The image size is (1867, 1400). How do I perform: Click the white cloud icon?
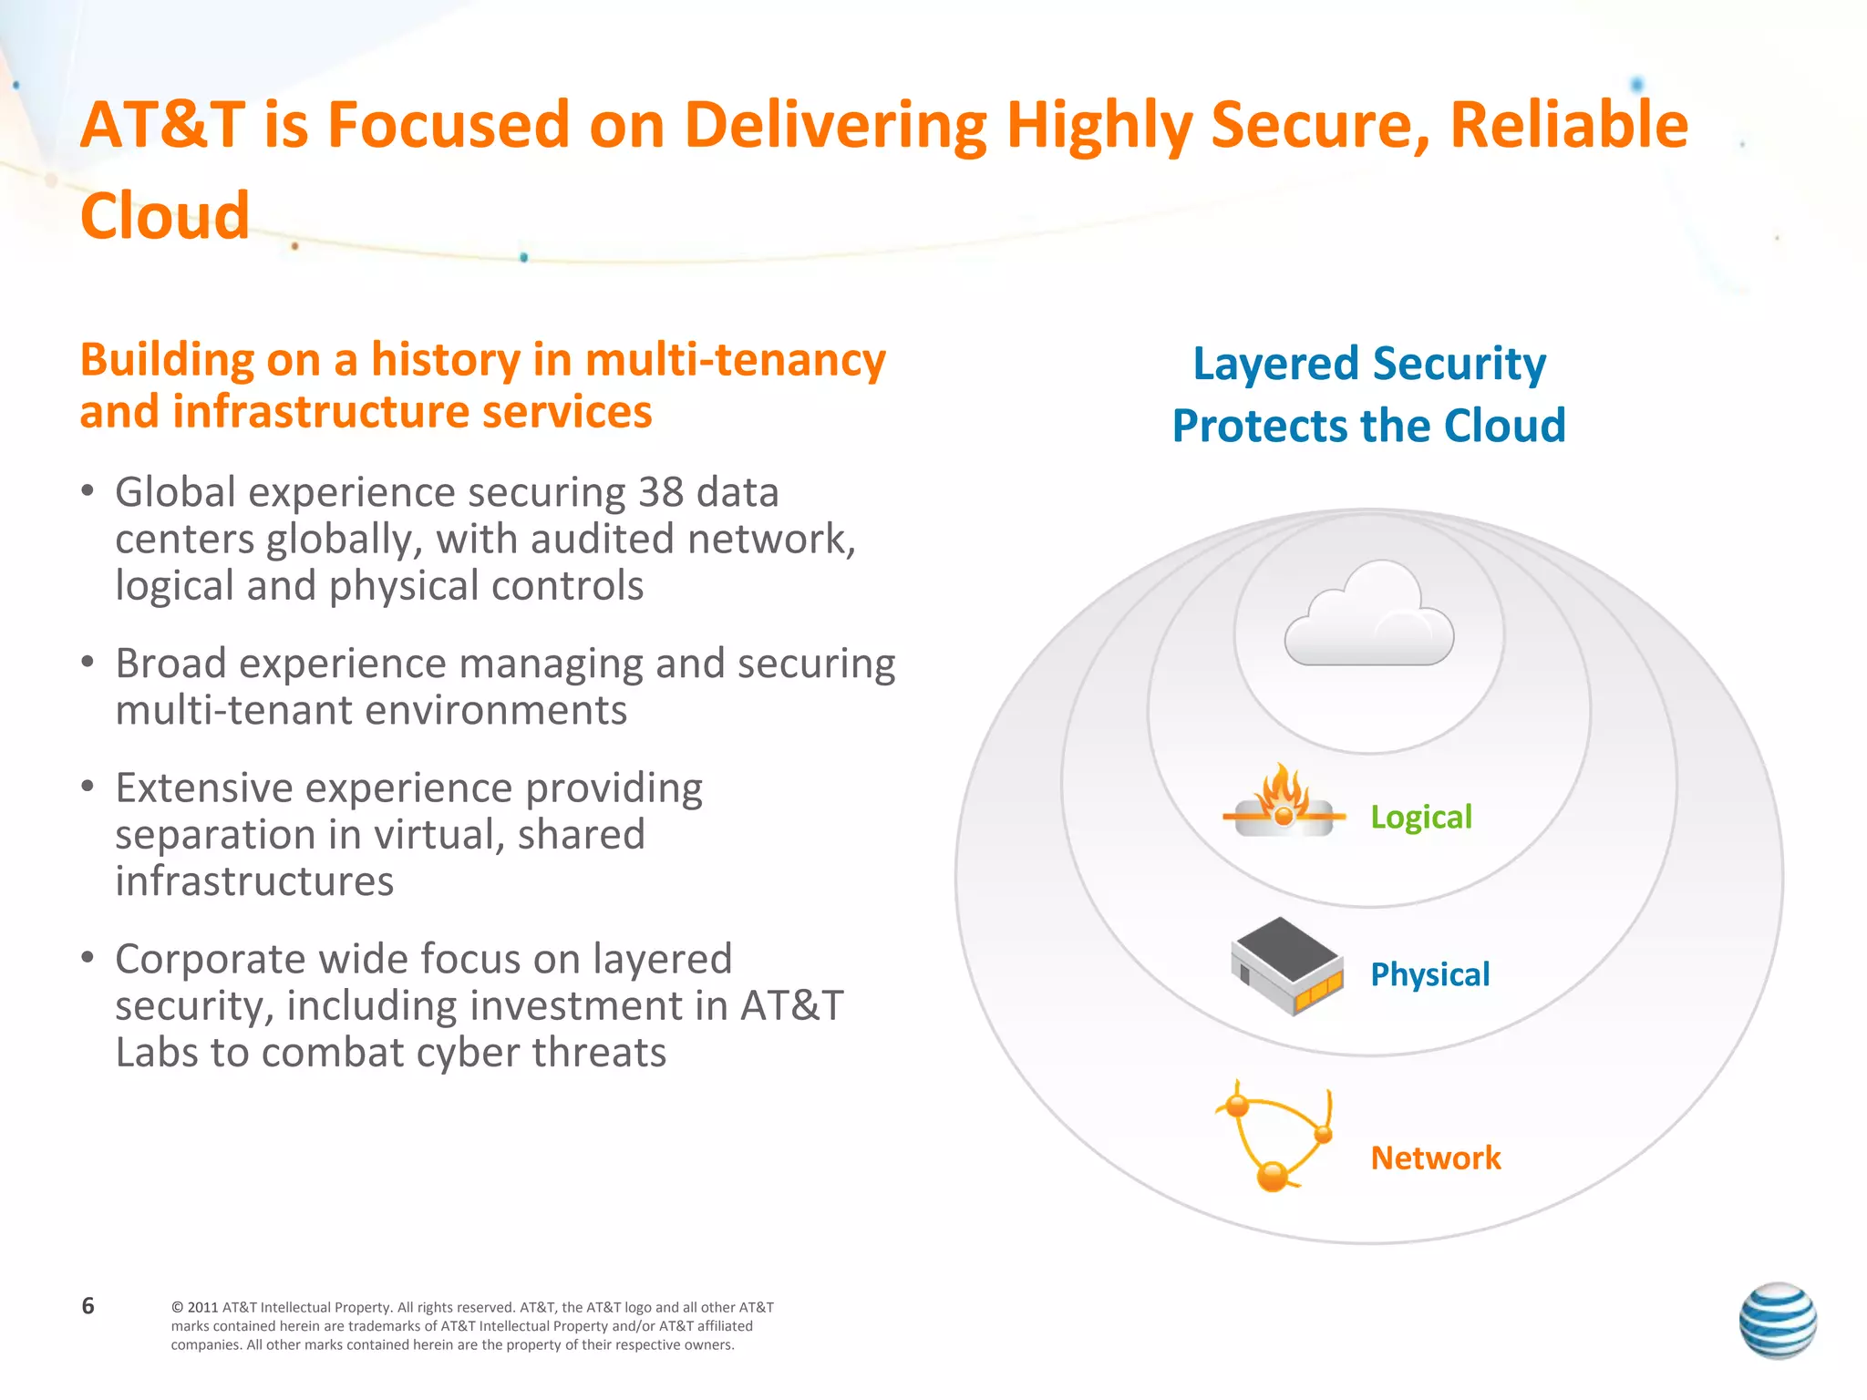click(x=1368, y=616)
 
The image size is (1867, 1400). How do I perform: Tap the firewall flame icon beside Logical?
click(x=1284, y=801)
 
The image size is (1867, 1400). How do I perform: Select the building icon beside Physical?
click(x=1286, y=967)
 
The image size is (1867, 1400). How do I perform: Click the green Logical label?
click(x=1420, y=817)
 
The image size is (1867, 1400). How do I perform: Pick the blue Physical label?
click(x=1429, y=974)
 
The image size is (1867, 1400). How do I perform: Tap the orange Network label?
click(x=1435, y=1158)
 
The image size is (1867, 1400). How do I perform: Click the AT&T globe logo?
click(x=1777, y=1320)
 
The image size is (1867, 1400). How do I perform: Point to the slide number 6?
click(x=88, y=1305)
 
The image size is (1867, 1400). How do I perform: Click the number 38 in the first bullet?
click(x=660, y=492)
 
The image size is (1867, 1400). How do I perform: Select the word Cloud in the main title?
click(x=165, y=216)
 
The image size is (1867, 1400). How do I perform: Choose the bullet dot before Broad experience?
click(x=88, y=662)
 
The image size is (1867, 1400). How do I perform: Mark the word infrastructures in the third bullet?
click(x=254, y=881)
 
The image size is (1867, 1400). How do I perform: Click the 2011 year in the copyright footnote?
click(x=202, y=1307)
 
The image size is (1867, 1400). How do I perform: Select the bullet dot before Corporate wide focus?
click(x=88, y=957)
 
